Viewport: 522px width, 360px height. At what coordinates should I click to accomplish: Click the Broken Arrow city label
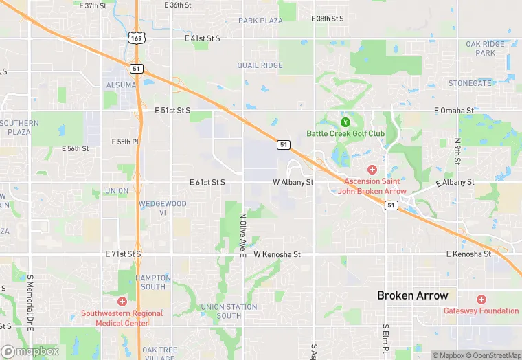(x=412, y=295)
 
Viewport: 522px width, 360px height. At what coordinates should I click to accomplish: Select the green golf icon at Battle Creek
(x=345, y=122)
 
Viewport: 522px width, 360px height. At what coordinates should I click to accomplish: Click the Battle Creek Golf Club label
(x=345, y=133)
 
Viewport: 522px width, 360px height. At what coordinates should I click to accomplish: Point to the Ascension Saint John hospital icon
(x=372, y=170)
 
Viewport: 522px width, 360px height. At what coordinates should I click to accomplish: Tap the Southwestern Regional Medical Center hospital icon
(x=122, y=302)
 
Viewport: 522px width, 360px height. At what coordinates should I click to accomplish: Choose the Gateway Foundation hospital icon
(x=481, y=300)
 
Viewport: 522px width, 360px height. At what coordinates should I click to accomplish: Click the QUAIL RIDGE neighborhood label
(x=260, y=65)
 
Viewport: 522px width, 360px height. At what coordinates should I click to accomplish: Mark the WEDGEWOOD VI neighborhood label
(x=162, y=208)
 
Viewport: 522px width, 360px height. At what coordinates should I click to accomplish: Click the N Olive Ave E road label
(x=242, y=235)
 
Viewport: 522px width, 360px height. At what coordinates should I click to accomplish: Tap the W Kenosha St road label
(x=277, y=254)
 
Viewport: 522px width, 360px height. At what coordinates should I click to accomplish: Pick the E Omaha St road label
(x=453, y=110)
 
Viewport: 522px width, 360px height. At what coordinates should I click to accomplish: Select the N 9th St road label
(x=457, y=151)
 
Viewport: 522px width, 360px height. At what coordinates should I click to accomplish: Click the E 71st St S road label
(x=123, y=254)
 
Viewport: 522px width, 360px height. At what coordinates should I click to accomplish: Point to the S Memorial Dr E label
(x=30, y=303)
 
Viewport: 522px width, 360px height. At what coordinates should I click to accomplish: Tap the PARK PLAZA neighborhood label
(x=260, y=21)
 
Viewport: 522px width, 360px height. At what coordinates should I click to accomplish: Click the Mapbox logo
(x=30, y=351)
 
